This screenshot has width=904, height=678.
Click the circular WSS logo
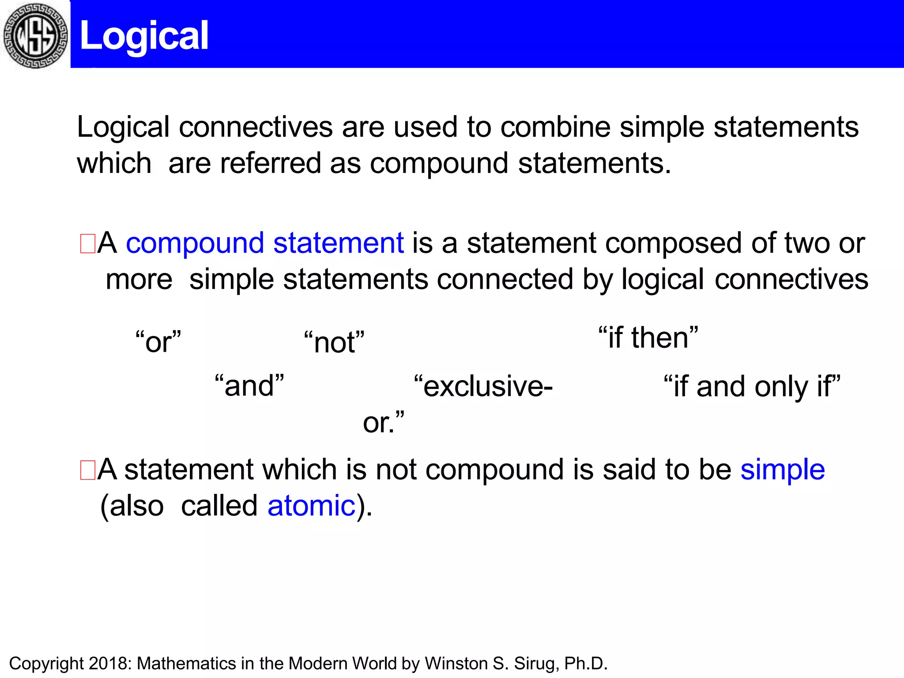tap(35, 35)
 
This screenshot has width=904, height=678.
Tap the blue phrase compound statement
tap(264, 243)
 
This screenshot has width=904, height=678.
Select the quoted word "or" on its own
tap(158, 342)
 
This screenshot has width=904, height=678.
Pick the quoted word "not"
tap(334, 343)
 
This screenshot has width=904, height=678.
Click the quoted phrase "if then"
tap(648, 338)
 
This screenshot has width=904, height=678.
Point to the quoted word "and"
tap(249, 386)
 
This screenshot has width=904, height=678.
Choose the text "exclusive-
tap(483, 386)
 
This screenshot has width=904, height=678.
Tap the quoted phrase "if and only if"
tap(752, 387)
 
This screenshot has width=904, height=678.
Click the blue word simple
tap(782, 469)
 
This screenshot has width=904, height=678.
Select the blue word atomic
tap(311, 506)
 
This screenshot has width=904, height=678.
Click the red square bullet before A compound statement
tap(87, 244)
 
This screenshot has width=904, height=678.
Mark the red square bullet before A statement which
tap(87, 470)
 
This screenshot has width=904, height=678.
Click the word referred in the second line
tap(270, 164)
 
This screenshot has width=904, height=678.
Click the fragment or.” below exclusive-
tap(383, 423)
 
